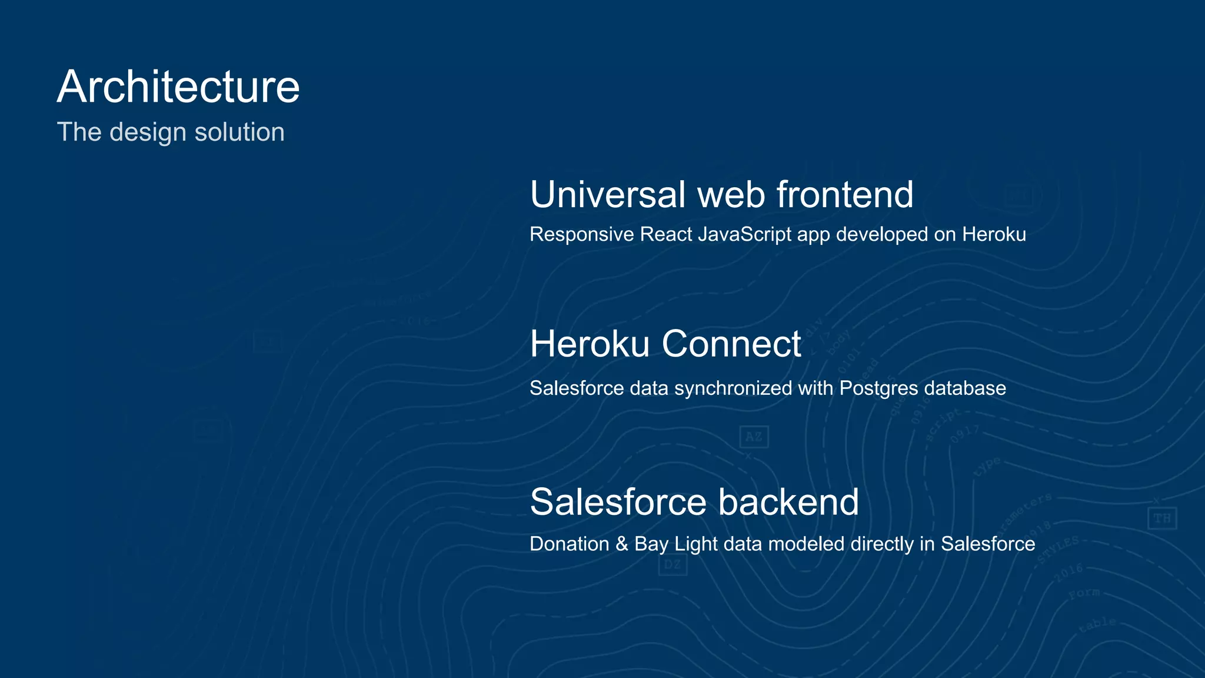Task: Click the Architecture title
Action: coord(178,87)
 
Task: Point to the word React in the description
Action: coord(666,234)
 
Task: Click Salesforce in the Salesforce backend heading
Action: coord(618,502)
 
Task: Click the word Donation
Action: coord(569,544)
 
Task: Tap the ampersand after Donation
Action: coord(622,544)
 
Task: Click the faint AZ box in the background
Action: coord(754,437)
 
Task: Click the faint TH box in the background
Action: coord(1162,519)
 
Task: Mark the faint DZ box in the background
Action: coord(673,565)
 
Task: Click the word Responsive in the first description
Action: coord(581,234)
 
